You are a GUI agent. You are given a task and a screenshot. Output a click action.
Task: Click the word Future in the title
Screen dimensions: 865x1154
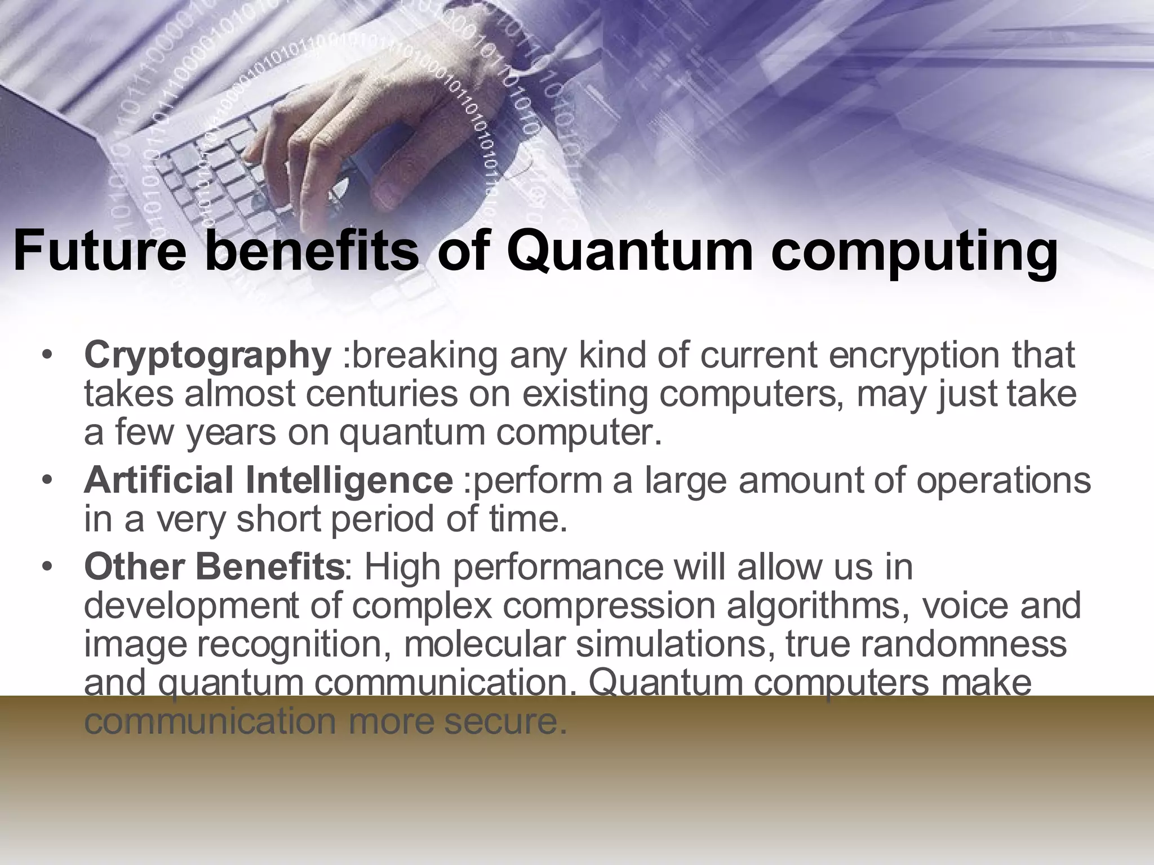[x=99, y=251]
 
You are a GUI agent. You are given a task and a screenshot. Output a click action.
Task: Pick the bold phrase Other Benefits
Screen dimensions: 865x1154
[x=214, y=568]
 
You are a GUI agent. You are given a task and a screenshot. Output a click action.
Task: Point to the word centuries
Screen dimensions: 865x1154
[x=382, y=394]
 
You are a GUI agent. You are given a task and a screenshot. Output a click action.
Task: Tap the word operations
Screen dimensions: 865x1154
[x=1003, y=481]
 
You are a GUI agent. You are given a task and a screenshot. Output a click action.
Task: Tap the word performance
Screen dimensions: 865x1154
[x=557, y=568]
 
